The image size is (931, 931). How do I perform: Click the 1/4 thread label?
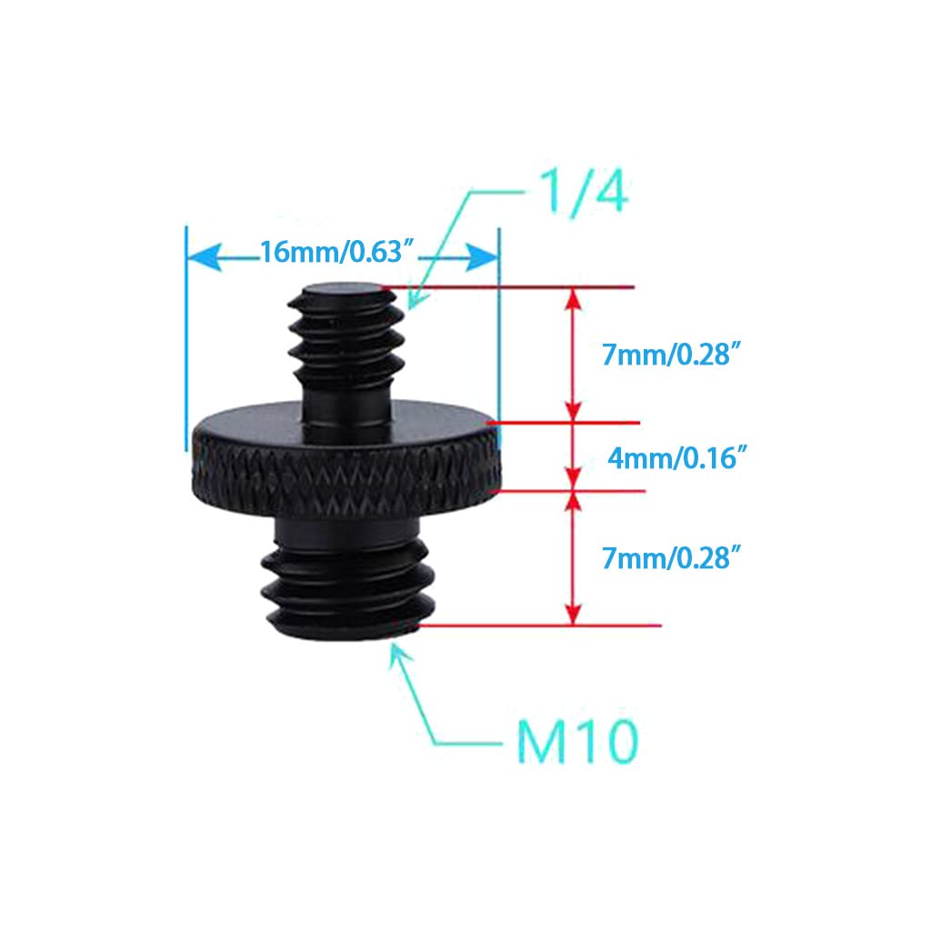[x=585, y=192]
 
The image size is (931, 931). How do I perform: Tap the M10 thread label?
[x=577, y=741]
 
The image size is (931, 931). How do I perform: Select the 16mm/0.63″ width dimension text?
[x=336, y=252]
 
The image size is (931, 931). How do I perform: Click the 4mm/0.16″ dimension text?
[x=676, y=458]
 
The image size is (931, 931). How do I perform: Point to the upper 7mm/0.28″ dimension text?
[x=672, y=355]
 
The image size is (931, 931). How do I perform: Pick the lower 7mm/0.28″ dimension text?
[x=672, y=558]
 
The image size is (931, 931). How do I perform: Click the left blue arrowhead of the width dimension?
[x=205, y=257]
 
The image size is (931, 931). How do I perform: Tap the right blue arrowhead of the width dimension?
[x=482, y=257]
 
